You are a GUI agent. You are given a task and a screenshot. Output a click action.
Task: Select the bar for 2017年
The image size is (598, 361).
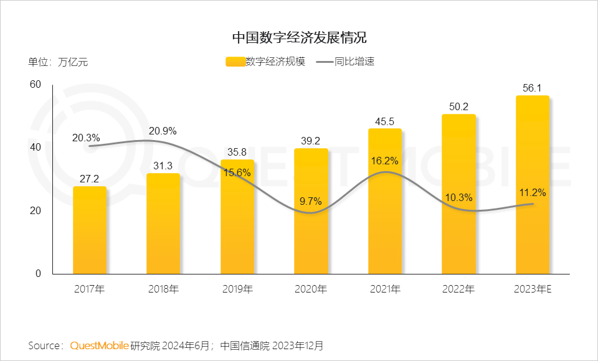[90, 230]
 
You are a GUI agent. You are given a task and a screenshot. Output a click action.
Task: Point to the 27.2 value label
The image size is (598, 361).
[90, 179]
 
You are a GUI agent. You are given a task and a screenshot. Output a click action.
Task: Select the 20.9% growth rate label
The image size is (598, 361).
[163, 131]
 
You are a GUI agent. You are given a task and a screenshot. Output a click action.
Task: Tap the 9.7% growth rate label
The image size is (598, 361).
[311, 201]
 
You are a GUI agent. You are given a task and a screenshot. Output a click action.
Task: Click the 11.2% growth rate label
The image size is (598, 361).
[533, 193]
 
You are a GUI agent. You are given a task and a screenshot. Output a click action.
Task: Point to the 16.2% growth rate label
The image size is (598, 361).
[385, 161]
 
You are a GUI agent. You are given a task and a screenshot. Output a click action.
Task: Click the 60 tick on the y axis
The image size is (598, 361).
[36, 85]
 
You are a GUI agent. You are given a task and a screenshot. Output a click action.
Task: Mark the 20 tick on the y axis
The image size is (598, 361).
[36, 211]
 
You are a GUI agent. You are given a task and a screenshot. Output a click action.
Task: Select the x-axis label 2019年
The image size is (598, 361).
[237, 289]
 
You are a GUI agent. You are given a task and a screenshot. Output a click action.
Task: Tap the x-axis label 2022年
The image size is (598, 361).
[458, 289]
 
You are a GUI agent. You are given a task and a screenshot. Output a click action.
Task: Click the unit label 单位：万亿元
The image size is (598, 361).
[58, 62]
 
